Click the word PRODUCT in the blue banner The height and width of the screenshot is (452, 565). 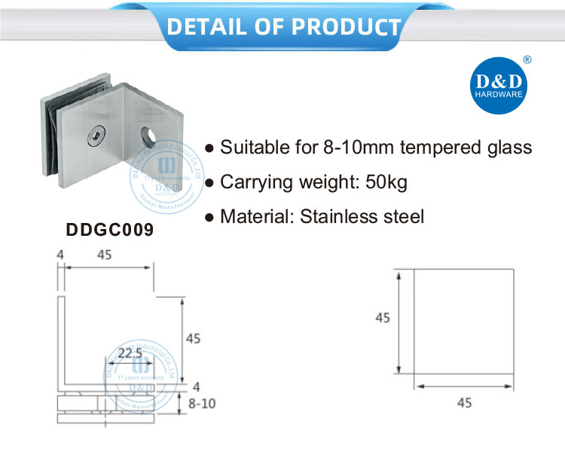pos(346,26)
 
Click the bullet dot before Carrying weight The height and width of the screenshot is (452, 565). pos(210,183)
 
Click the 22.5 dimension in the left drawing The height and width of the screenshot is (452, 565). pos(130,353)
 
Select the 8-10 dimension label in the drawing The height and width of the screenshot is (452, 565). pos(201,404)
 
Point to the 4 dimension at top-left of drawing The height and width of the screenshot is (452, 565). pos(60,255)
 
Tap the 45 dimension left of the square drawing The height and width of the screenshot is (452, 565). pos(383,319)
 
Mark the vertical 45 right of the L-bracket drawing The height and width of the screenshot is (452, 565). pos(193,339)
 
